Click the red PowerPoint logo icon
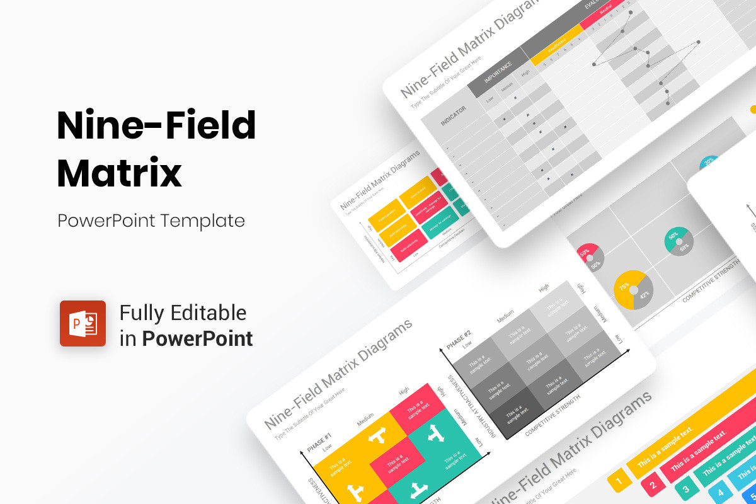83,323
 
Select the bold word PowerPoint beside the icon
197,339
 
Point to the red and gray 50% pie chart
590,257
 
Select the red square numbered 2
653,485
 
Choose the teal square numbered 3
686,489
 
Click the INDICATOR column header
453,116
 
